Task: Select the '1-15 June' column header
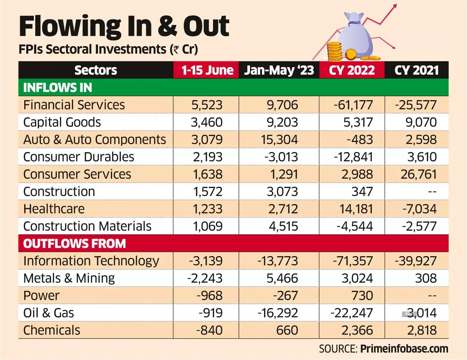click(207, 70)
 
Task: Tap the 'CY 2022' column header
click(352, 70)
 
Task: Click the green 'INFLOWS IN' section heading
click(57, 88)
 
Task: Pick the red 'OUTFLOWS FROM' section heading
click(74, 244)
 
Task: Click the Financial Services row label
click(74, 105)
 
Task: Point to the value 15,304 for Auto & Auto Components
click(279, 140)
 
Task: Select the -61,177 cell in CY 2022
click(353, 105)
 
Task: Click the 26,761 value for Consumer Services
click(419, 174)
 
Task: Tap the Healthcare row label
click(54, 209)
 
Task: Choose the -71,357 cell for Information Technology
click(353, 261)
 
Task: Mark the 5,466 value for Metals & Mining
click(282, 278)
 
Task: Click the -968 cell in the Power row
click(210, 295)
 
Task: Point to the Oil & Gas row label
click(48, 313)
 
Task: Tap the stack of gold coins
click(334, 52)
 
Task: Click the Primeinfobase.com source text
click(404, 349)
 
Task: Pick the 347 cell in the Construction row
click(362, 192)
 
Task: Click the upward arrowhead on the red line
click(395, 6)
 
